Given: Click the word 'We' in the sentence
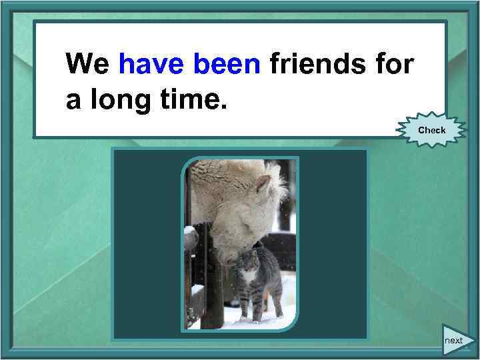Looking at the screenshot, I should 88,64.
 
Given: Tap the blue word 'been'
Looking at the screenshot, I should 226,64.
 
